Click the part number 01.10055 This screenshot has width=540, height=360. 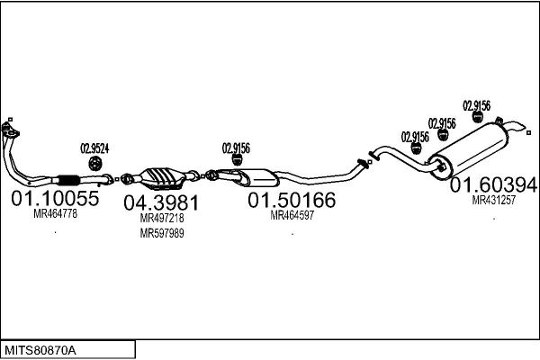click(x=55, y=198)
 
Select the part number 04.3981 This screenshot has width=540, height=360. click(x=161, y=202)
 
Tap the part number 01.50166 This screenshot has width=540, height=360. click(x=292, y=200)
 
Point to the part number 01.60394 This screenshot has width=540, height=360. click(x=493, y=185)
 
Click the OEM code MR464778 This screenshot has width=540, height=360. click(x=55, y=214)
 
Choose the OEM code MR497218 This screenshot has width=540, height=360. click(x=162, y=218)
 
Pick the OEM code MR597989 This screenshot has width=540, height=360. click(x=162, y=233)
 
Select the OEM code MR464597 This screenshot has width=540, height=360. click(x=292, y=215)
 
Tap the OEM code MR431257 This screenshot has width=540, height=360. click(x=493, y=200)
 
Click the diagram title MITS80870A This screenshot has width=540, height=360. click(x=40, y=351)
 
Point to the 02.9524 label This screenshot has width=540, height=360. click(x=94, y=148)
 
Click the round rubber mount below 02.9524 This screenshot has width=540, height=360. click(x=94, y=163)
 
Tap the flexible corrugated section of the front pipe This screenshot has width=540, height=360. click(x=69, y=180)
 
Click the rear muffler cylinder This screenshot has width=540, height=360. click(x=468, y=150)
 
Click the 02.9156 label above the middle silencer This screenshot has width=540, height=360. click(x=236, y=148)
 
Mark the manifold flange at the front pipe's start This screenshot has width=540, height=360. click(x=10, y=130)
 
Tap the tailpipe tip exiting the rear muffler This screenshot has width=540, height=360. click(x=517, y=127)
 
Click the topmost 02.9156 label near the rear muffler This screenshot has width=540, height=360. click(x=477, y=106)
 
